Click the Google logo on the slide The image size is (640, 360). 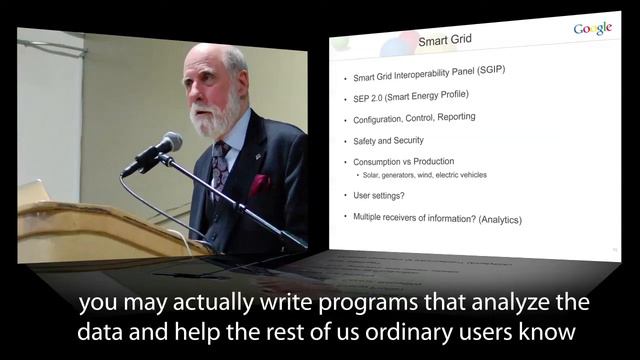(592, 29)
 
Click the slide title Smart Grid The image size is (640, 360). (444, 41)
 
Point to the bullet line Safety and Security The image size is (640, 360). (388, 141)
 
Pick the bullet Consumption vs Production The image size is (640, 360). (403, 162)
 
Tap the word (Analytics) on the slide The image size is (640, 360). (496, 219)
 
